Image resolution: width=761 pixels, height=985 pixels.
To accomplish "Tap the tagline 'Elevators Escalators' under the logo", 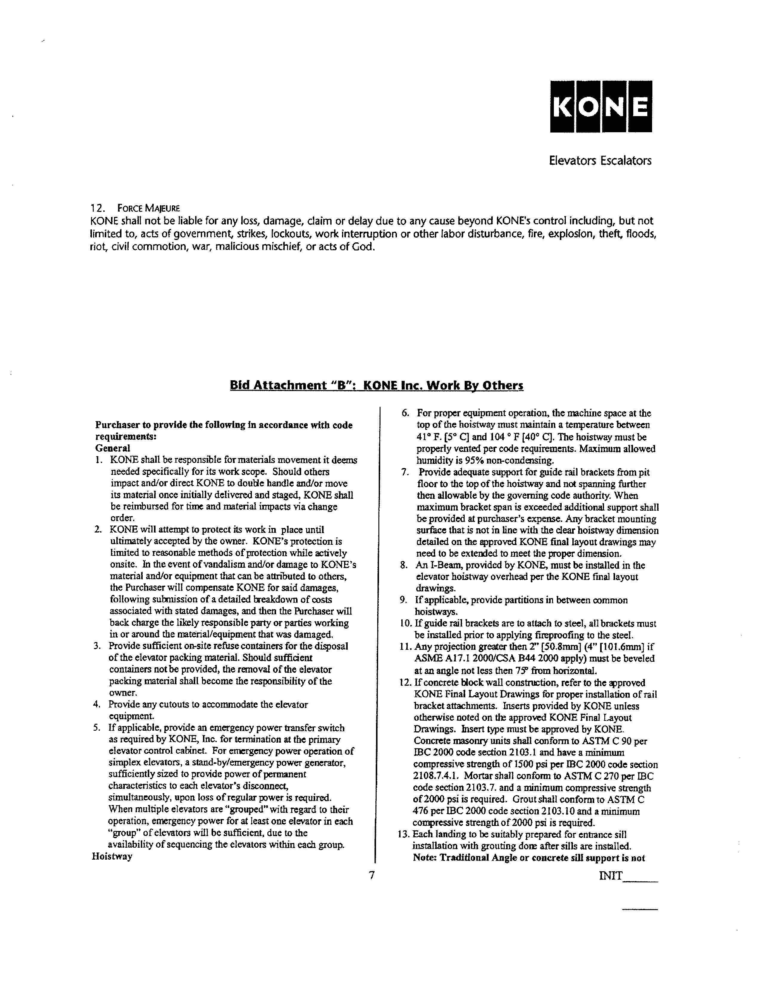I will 600,161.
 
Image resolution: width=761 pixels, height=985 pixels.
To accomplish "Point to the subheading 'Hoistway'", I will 112,856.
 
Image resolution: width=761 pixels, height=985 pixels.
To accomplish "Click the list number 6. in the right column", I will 405,413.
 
